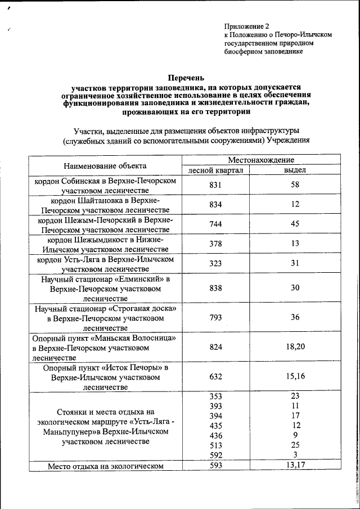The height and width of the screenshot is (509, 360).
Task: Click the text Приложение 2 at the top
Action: [246, 26]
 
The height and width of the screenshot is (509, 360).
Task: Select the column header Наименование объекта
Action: [105, 165]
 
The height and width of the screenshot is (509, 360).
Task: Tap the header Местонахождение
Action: [260, 160]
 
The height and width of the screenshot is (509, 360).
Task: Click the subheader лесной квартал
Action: [215, 170]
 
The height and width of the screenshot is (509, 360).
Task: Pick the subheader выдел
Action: [295, 170]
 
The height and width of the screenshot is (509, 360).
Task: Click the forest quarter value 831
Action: [215, 185]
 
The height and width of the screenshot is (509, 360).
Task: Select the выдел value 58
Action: [295, 185]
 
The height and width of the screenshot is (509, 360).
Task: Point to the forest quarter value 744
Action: [215, 224]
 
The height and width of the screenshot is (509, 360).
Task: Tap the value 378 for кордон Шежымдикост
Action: [215, 244]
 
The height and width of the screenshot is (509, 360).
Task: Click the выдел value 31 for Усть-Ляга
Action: [295, 263]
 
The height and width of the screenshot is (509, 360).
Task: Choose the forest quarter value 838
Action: [215, 287]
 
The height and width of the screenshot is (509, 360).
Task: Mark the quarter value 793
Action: [215, 317]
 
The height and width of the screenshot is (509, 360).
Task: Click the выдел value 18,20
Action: [295, 347]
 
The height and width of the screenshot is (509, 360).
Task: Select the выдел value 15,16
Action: [295, 376]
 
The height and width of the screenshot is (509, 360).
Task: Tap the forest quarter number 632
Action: [215, 376]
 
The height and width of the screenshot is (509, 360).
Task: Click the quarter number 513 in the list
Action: [215, 445]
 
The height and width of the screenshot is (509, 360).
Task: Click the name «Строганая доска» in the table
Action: [142, 309]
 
